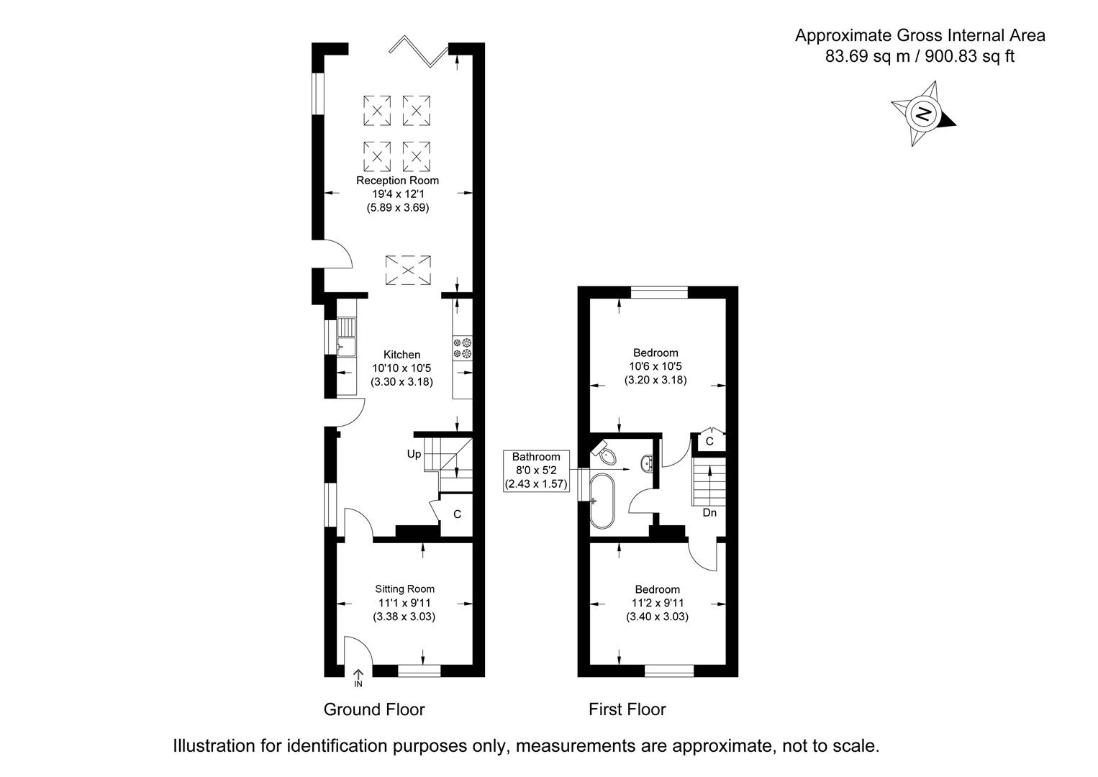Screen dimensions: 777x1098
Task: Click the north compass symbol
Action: point(923,114)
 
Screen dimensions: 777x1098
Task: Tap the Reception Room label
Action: point(397,181)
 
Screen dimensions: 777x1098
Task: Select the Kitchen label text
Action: point(401,355)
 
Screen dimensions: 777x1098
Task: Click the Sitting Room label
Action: point(404,589)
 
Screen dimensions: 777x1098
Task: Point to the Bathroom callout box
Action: point(536,471)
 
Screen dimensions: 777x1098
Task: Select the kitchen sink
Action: point(347,337)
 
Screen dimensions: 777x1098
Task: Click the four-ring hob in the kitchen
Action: point(463,348)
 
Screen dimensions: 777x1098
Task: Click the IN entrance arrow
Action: point(358,678)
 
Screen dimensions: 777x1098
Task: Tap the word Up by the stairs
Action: point(414,454)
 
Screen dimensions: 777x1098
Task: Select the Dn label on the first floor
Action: point(709,513)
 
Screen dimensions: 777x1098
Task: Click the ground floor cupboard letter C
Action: point(457,514)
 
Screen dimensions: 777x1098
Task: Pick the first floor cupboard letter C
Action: point(709,441)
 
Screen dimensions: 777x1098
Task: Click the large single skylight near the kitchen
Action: point(408,270)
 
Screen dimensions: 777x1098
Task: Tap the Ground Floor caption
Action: point(374,709)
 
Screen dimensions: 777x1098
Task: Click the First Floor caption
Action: point(627,709)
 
